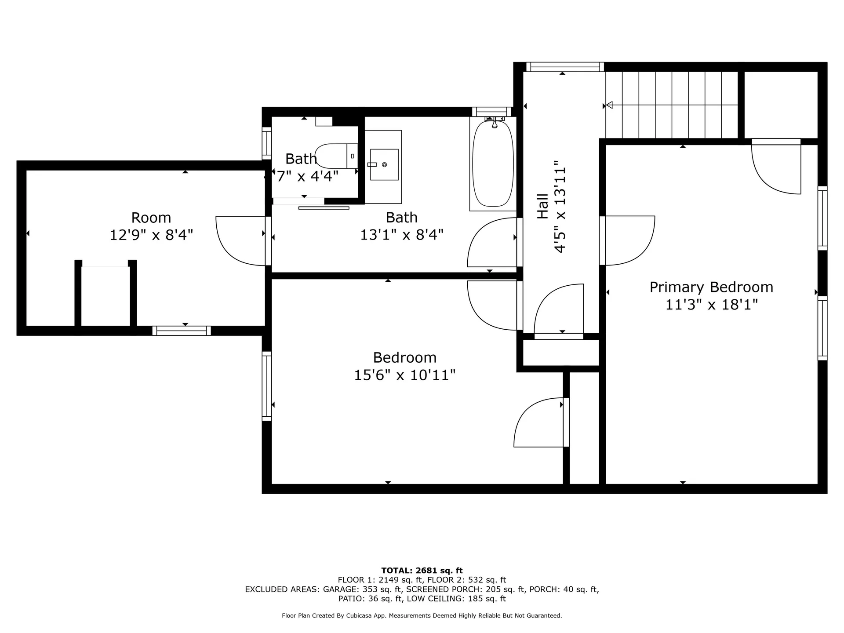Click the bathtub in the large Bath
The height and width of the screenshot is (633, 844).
pyautogui.click(x=493, y=164)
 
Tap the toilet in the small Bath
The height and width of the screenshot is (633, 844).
pyautogui.click(x=337, y=156)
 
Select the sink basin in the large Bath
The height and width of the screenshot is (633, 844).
pyautogui.click(x=384, y=164)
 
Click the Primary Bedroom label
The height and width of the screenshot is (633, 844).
pyautogui.click(x=711, y=287)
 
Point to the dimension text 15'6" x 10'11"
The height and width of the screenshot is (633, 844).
pyautogui.click(x=404, y=375)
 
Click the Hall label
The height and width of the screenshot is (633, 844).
pyautogui.click(x=542, y=206)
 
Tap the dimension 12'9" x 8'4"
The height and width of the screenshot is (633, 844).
pyautogui.click(x=151, y=235)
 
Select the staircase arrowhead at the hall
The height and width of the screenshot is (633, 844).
pyautogui.click(x=609, y=105)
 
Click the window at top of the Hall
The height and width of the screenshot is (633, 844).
pyautogui.click(x=565, y=67)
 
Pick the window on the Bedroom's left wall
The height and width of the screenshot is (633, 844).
pyautogui.click(x=266, y=386)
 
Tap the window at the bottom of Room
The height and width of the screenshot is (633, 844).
pyautogui.click(x=182, y=331)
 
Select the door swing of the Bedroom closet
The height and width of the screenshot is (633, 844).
pyautogui.click(x=539, y=422)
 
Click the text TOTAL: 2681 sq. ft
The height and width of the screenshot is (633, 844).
pyautogui.click(x=422, y=571)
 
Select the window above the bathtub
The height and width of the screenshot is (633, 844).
pyautogui.click(x=492, y=112)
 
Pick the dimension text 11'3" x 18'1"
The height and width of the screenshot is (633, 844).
pyautogui.click(x=712, y=304)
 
